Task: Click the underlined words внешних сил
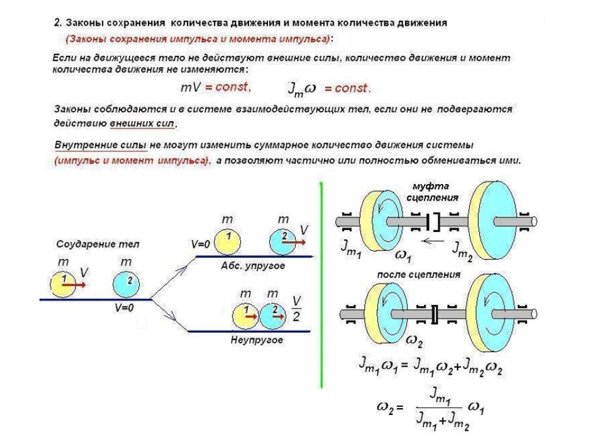coord(144,123)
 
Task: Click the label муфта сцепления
coord(431,192)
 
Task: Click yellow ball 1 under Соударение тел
coord(63,284)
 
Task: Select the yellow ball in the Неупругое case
coord(246,315)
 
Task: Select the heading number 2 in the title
coord(57,24)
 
